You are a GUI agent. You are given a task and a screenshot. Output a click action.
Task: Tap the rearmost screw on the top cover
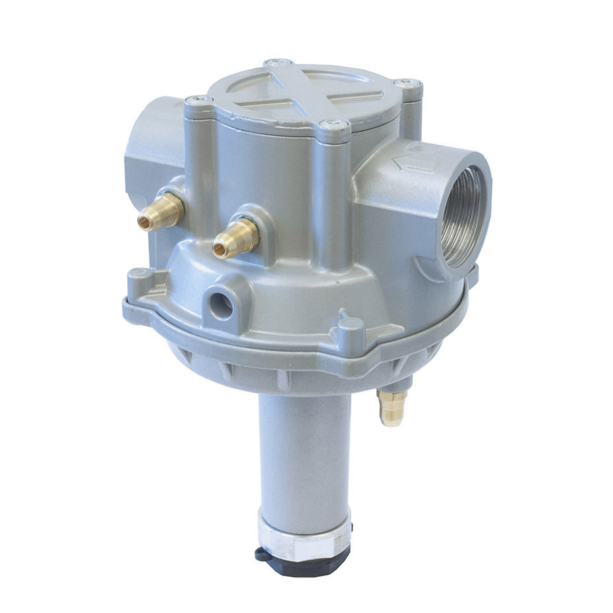point(279,64)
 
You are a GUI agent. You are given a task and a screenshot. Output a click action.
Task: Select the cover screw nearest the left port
point(196,101)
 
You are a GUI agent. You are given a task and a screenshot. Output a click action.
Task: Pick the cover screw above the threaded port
point(407,84)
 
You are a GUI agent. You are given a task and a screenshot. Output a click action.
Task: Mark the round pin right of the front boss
point(350,328)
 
